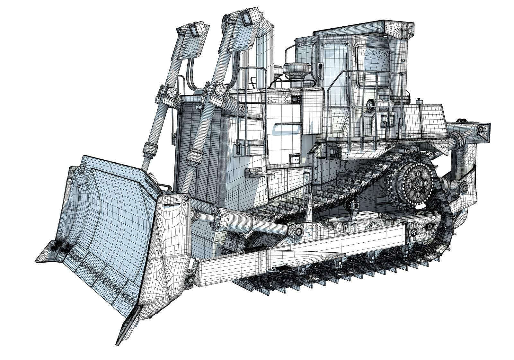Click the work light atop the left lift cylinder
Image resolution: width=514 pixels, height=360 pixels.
pyautogui.click(x=193, y=30)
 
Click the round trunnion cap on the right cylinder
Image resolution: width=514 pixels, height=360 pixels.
pyautogui.click(x=220, y=89)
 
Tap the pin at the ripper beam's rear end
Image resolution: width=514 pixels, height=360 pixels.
pyautogui.click(x=480, y=129)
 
